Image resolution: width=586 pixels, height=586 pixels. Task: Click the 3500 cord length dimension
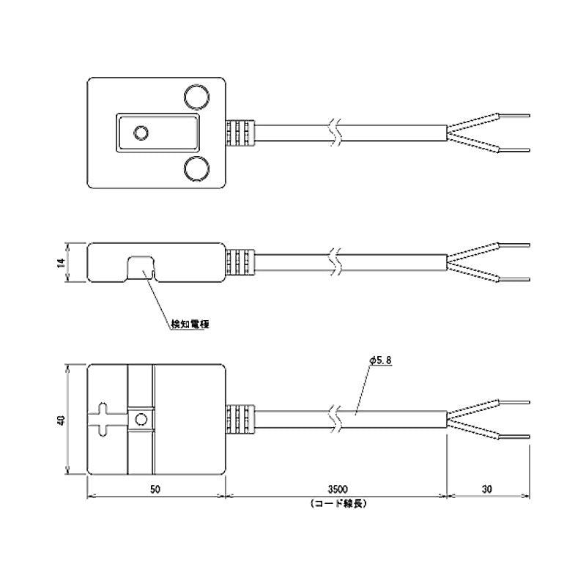point(338,489)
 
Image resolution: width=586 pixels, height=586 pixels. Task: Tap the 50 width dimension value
point(155,489)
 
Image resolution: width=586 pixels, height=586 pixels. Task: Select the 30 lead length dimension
point(487,489)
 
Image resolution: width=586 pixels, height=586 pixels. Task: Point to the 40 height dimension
point(62,420)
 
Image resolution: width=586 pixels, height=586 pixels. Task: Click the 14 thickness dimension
point(62,262)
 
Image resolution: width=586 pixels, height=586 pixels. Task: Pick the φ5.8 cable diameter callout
point(380,360)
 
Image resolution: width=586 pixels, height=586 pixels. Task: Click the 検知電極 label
point(190,324)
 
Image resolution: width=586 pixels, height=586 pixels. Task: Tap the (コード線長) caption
point(338,503)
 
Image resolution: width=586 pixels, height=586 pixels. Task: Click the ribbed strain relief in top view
point(240,133)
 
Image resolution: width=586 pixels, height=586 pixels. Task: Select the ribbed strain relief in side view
point(240,262)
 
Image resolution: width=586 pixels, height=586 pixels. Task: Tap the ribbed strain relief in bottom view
point(240,419)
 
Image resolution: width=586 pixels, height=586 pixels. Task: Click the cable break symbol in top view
point(335,133)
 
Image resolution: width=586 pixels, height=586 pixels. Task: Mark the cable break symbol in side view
point(335,262)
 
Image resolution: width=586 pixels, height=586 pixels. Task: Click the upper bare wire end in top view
point(514,116)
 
